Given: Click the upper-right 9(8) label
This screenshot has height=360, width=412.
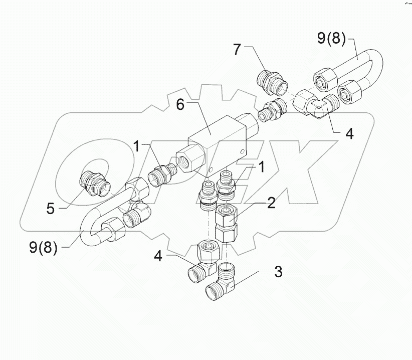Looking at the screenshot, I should point(330,39).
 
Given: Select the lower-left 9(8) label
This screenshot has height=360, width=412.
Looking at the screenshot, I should point(43,247).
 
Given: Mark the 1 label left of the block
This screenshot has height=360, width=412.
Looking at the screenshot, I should point(136,147).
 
